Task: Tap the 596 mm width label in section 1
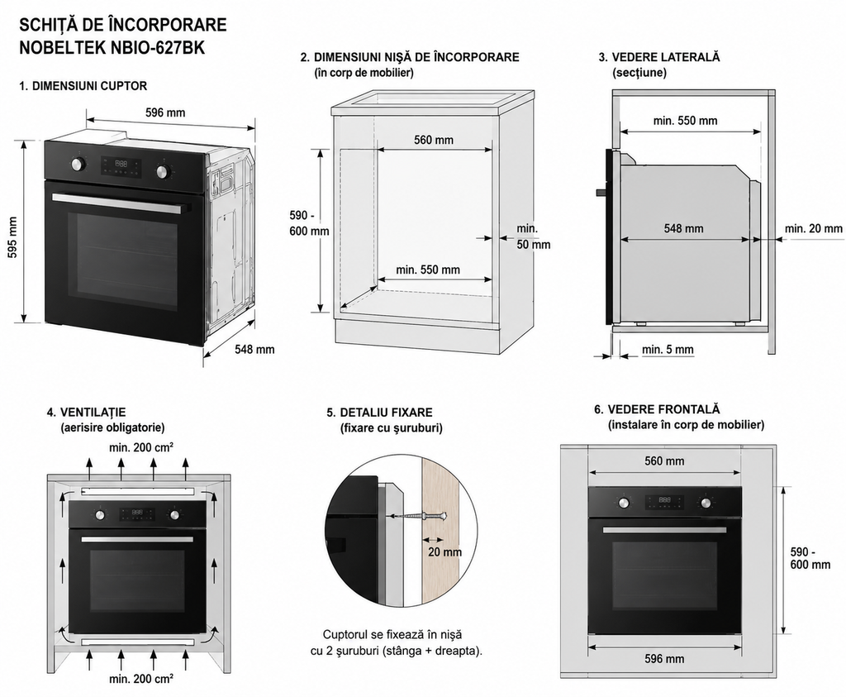click(x=165, y=112)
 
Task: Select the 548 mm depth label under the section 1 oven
click(x=254, y=349)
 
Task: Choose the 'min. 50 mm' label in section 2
click(x=533, y=236)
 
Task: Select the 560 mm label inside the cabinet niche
click(x=434, y=141)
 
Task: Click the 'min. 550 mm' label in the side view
click(x=685, y=121)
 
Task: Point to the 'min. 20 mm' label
click(x=813, y=229)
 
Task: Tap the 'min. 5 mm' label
click(x=668, y=350)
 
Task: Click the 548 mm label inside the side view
click(x=683, y=229)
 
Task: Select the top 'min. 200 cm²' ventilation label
click(x=141, y=447)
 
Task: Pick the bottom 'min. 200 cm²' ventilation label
click(x=141, y=679)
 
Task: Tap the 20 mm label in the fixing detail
click(x=445, y=552)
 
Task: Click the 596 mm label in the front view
click(x=664, y=659)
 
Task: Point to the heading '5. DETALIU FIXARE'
click(x=379, y=413)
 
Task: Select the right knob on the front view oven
click(x=706, y=503)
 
